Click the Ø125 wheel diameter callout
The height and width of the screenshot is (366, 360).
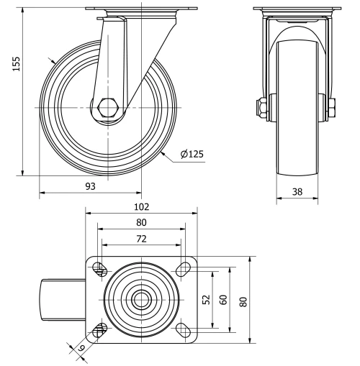tap(192, 153)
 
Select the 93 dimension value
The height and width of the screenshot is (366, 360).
tap(90, 186)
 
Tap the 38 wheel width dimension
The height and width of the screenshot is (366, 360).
tap(297, 191)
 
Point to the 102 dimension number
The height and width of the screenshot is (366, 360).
tap(141, 206)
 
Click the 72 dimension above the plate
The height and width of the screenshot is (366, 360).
tap(141, 237)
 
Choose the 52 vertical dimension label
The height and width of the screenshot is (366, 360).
tap(207, 300)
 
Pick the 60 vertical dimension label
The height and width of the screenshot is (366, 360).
tap(224, 300)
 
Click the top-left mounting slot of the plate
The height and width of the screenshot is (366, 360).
tap(100, 270)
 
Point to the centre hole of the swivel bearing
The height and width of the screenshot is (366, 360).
tap(141, 300)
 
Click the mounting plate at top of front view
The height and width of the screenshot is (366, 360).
tap(297, 9)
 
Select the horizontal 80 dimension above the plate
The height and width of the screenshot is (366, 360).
tap(141, 221)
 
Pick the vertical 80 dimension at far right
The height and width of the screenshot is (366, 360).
tap(243, 300)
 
